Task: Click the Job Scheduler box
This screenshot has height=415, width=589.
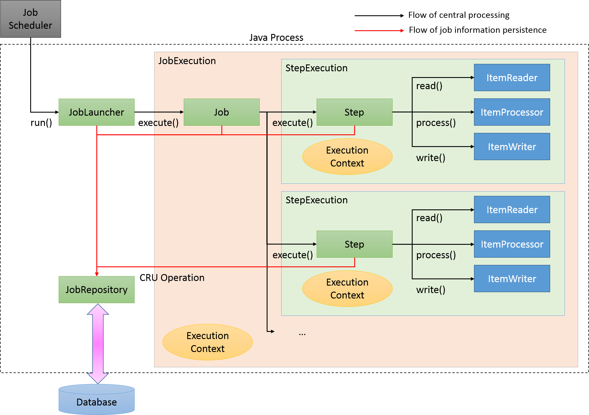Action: [30, 19]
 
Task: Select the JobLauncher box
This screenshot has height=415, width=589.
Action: [97, 112]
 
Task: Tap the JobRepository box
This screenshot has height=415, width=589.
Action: [97, 290]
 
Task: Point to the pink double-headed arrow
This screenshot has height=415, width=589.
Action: [98, 344]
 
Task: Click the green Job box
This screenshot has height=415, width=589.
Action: [221, 112]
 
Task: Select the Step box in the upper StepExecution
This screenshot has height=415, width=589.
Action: [354, 112]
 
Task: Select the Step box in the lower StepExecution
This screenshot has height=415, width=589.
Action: [354, 244]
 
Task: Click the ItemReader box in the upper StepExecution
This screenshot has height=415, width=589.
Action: [512, 78]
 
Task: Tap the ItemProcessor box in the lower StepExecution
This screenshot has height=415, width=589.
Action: [512, 244]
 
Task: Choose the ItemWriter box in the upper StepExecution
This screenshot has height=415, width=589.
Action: [512, 147]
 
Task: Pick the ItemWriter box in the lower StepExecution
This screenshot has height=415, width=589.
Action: [512, 279]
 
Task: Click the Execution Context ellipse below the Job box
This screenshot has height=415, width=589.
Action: [208, 342]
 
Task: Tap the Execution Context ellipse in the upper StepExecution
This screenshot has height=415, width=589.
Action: [347, 157]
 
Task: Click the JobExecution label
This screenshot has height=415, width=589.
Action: [187, 61]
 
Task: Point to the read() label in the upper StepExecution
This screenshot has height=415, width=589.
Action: [429, 86]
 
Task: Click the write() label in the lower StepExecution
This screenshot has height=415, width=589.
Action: [431, 290]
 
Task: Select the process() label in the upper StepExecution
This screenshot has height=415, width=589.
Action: [436, 123]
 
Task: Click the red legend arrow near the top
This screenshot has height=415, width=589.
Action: [379, 31]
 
